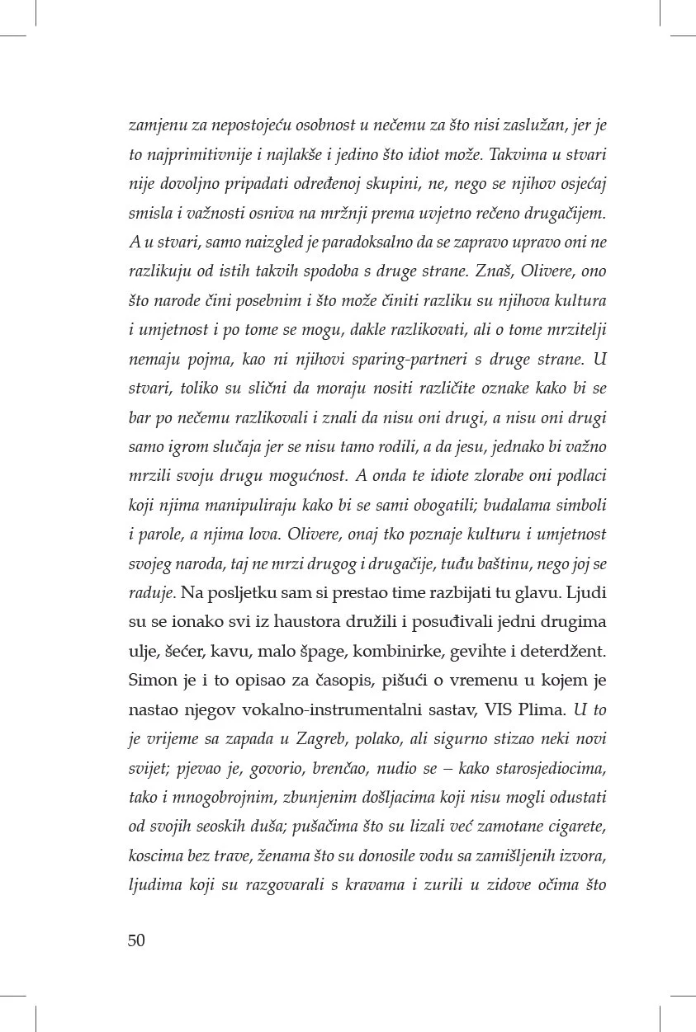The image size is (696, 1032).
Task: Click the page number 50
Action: click(x=137, y=940)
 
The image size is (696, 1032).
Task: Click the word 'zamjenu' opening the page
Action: click(x=156, y=126)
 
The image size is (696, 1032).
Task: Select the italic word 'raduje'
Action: click(x=150, y=592)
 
